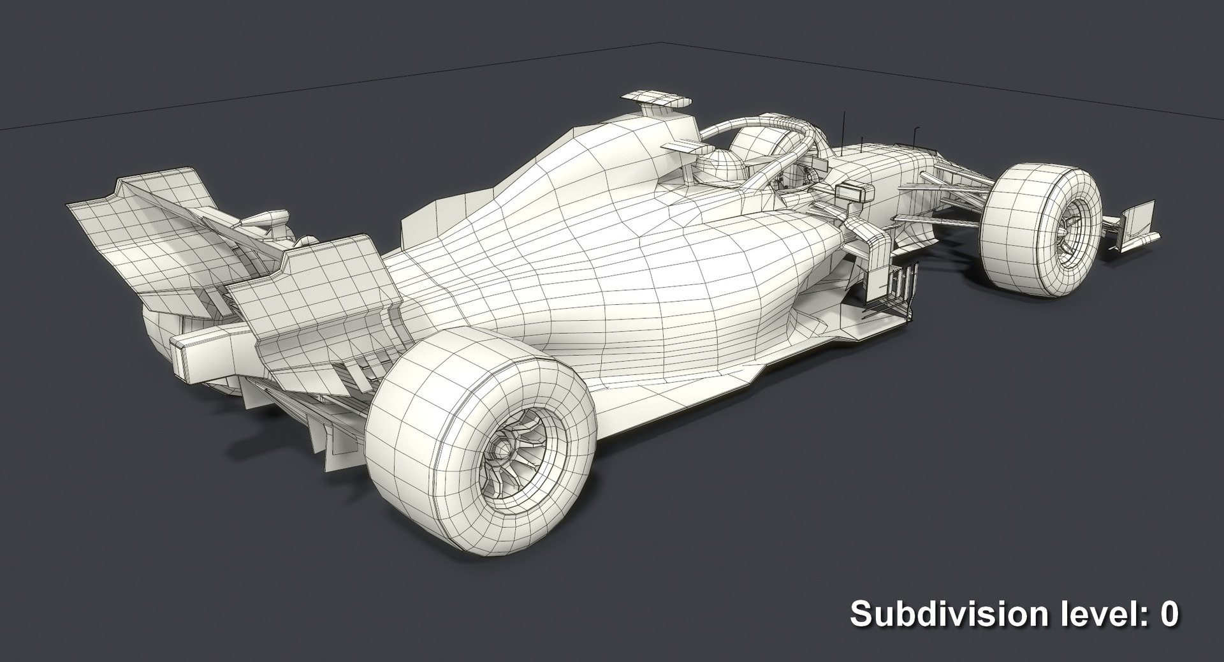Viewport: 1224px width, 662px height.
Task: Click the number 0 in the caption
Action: (1168, 615)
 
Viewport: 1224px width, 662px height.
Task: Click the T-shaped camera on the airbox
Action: (656, 99)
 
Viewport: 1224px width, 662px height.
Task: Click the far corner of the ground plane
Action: (658, 43)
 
